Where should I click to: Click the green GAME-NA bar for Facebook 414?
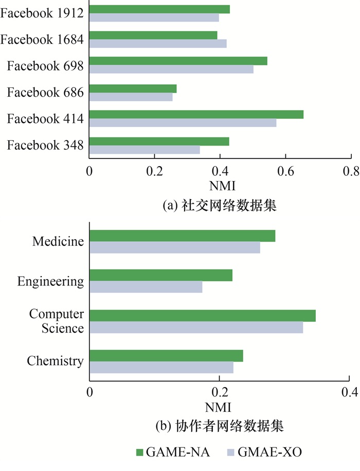click(196, 114)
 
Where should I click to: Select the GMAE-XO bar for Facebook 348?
click(145, 150)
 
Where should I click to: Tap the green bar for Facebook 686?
click(133, 88)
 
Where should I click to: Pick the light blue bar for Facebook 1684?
click(158, 43)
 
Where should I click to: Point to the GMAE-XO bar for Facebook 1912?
click(154, 18)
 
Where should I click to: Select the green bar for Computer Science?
click(203, 316)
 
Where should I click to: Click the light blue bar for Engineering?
click(146, 287)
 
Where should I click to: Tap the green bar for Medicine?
click(183, 235)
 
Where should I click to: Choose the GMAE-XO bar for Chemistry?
click(161, 367)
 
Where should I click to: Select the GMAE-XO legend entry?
click(264, 452)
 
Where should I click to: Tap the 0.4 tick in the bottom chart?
click(350, 393)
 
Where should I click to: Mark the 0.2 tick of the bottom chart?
click(220, 393)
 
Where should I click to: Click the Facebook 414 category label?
click(45, 119)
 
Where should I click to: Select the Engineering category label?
click(50, 281)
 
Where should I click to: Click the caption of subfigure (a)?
click(220, 206)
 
